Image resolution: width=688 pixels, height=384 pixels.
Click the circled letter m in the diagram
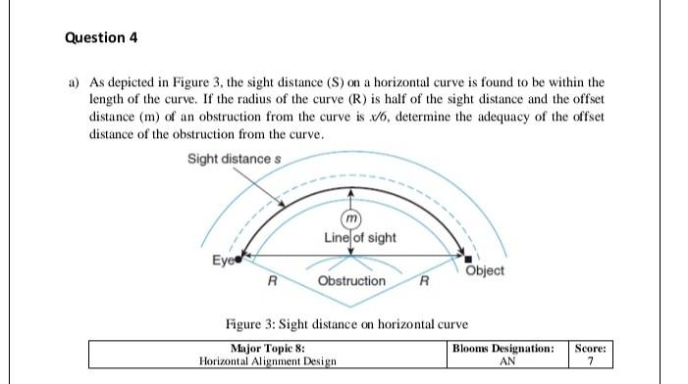[x=351, y=217]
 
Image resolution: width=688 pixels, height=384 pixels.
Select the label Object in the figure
[x=485, y=270]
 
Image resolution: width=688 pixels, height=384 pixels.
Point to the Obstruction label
[x=352, y=281]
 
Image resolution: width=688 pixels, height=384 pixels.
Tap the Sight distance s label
[x=230, y=160]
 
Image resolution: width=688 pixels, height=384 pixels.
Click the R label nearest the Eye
[x=272, y=282]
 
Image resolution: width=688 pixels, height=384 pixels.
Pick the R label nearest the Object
[x=422, y=282]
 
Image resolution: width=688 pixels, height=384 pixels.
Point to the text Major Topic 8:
[x=268, y=347]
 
